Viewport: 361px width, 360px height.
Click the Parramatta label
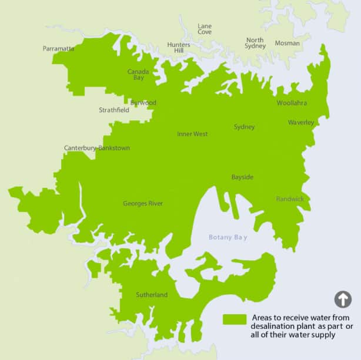[x=58, y=49]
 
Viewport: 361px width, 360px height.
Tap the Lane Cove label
[x=205, y=29]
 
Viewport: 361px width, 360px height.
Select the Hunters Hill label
[x=179, y=48]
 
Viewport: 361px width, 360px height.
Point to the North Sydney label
[x=255, y=43]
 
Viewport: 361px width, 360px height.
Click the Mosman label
[x=287, y=43]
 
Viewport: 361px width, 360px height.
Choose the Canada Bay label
[x=138, y=75]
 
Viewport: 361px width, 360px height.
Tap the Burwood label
[x=143, y=103]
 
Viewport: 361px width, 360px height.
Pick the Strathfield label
[x=114, y=110]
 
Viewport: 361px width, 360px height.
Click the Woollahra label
[x=292, y=103]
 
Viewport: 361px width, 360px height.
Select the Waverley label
[x=301, y=123]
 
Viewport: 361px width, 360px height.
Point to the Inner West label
[x=192, y=134]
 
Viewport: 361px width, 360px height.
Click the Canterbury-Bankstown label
[x=97, y=148]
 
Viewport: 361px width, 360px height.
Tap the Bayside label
[x=242, y=177]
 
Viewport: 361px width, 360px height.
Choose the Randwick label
[x=290, y=199]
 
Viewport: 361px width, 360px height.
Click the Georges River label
[x=143, y=204]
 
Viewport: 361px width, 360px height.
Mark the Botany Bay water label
[x=228, y=237]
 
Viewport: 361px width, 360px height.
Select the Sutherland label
[x=152, y=295]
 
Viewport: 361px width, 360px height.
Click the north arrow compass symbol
[x=343, y=300]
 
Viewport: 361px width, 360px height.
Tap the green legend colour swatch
[x=235, y=319]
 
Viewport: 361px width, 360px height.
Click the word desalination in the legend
[x=275, y=327]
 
